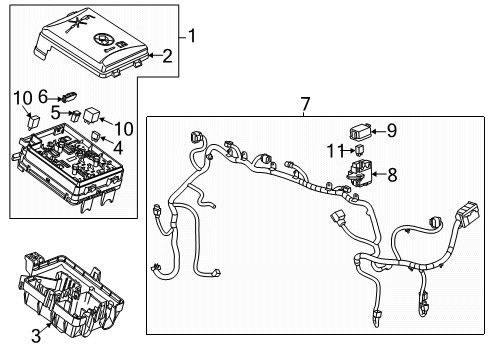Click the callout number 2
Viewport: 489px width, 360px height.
coord(168,57)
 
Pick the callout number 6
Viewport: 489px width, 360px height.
coord(44,96)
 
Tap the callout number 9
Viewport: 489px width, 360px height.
coord(391,129)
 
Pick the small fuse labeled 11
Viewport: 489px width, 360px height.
coord(358,151)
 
